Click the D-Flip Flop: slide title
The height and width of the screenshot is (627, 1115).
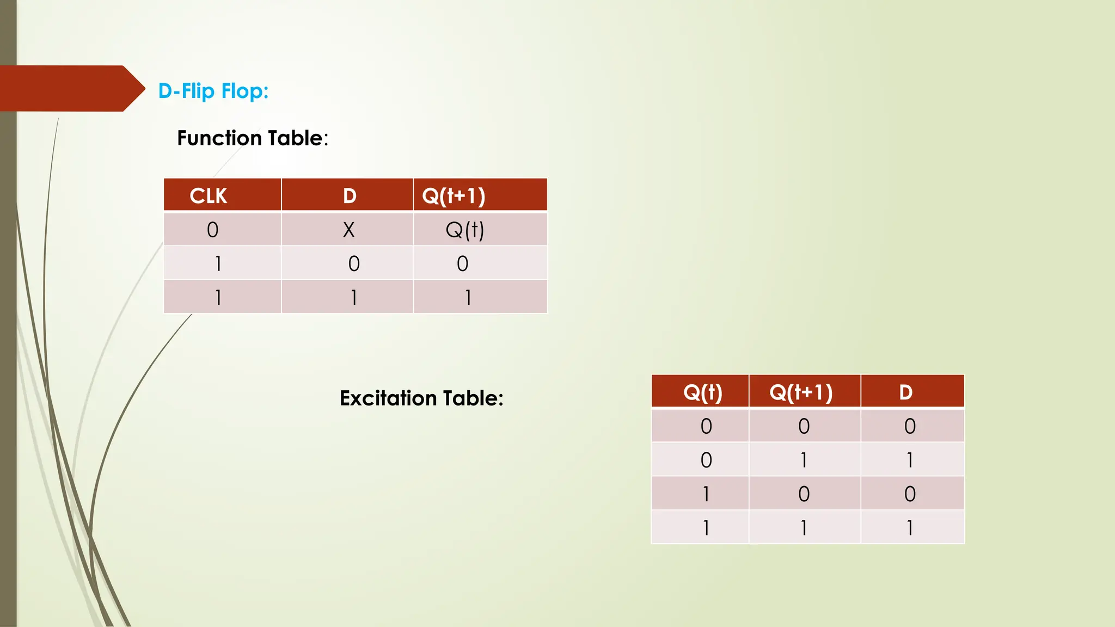(x=213, y=91)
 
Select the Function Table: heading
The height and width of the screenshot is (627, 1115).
(x=253, y=138)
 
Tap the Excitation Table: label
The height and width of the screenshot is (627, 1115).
(x=421, y=398)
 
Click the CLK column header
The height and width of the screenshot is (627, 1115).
(x=209, y=196)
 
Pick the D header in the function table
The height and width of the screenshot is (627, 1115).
(x=350, y=196)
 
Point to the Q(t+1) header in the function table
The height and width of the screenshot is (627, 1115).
(x=454, y=196)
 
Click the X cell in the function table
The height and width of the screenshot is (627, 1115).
(x=348, y=230)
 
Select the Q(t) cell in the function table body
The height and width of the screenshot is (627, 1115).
(x=464, y=230)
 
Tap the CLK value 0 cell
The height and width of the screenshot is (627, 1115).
(x=213, y=230)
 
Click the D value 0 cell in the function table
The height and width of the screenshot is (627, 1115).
(x=354, y=264)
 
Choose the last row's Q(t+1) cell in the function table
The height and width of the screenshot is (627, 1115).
(x=468, y=298)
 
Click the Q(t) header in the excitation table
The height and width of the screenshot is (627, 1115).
(x=702, y=392)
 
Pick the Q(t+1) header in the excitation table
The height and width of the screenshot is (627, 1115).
(x=801, y=392)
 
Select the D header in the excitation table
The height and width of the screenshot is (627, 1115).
(x=905, y=392)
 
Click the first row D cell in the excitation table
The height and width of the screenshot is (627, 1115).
(x=910, y=426)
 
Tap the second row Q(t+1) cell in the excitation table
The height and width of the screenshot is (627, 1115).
(x=804, y=460)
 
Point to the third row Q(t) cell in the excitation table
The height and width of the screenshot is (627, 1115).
(x=706, y=494)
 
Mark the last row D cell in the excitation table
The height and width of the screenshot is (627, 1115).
(x=910, y=528)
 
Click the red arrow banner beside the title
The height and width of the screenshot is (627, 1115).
(x=68, y=88)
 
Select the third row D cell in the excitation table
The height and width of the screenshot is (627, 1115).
(x=910, y=494)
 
